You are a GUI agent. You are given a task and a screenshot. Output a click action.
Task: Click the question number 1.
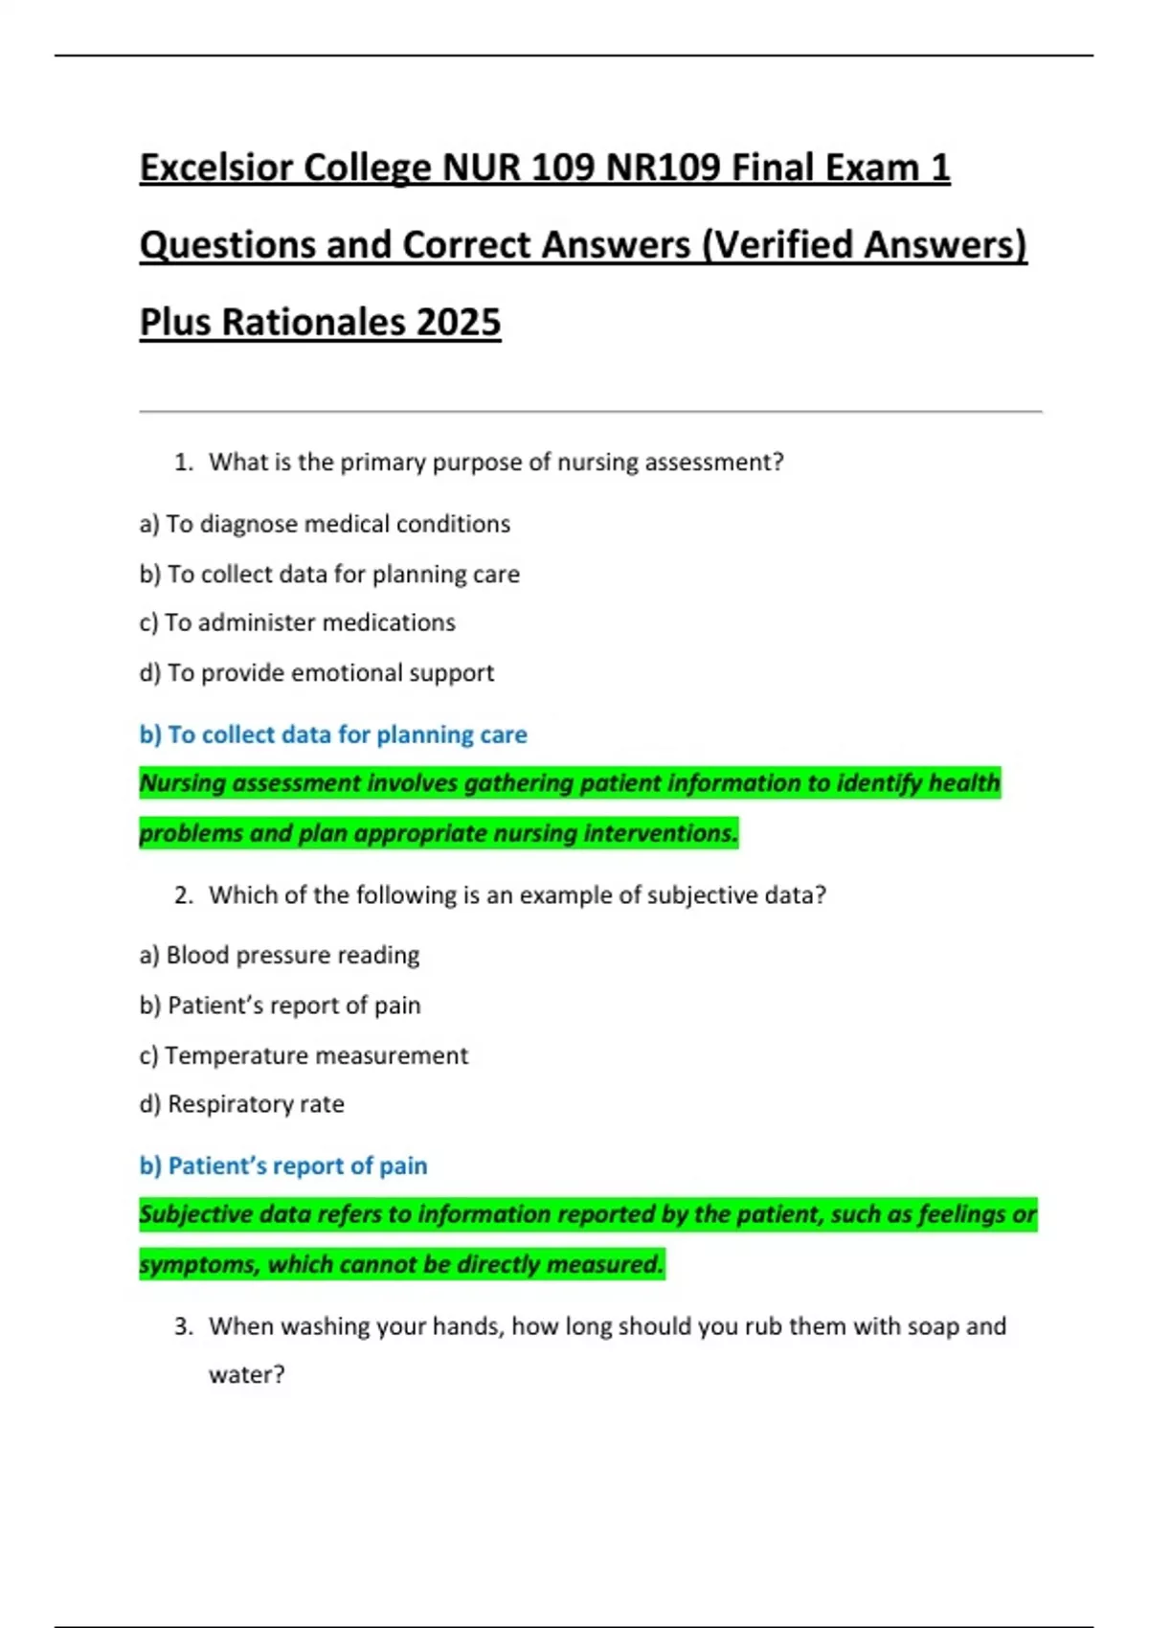[x=183, y=463]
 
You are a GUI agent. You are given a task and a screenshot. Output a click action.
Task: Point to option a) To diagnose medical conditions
[x=325, y=525]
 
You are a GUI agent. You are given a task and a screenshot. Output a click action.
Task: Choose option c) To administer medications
[x=297, y=622]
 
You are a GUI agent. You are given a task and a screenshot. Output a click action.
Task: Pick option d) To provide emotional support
[x=316, y=673]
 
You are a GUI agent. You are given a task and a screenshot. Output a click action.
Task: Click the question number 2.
[x=183, y=895]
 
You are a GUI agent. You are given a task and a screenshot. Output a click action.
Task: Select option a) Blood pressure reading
[x=280, y=956]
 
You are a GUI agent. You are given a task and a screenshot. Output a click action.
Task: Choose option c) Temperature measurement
[x=304, y=1055]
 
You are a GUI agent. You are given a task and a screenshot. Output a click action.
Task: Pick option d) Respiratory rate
[x=241, y=1104]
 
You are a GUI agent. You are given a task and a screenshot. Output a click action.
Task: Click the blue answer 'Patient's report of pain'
[x=283, y=1166]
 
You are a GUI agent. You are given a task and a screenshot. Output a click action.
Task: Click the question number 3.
[x=183, y=1326]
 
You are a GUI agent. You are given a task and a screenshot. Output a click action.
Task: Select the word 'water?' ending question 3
[x=247, y=1375]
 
